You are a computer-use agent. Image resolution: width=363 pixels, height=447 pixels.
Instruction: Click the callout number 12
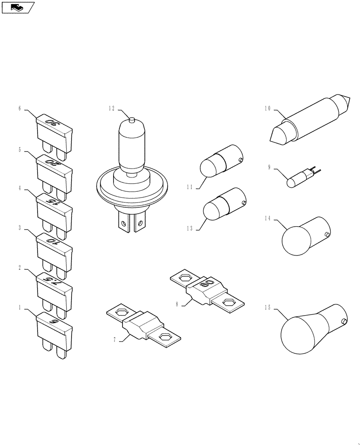pyautogui.click(x=111, y=108)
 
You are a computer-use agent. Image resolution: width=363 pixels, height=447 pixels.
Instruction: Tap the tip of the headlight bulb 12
pyautogui.click(x=131, y=119)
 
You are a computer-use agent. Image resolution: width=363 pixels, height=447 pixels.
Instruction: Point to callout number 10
pyautogui.click(x=268, y=108)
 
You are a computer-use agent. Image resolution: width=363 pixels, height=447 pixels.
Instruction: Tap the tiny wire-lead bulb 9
pyautogui.click(x=297, y=178)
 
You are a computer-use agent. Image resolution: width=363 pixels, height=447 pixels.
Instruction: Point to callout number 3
pyautogui.click(x=20, y=228)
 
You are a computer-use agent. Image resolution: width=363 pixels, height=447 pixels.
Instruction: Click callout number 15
pyautogui.click(x=268, y=308)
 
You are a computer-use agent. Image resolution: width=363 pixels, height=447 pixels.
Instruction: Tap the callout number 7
pyautogui.click(x=115, y=340)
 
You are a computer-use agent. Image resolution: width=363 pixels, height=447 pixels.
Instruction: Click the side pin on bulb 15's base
pyautogui.click(x=344, y=321)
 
